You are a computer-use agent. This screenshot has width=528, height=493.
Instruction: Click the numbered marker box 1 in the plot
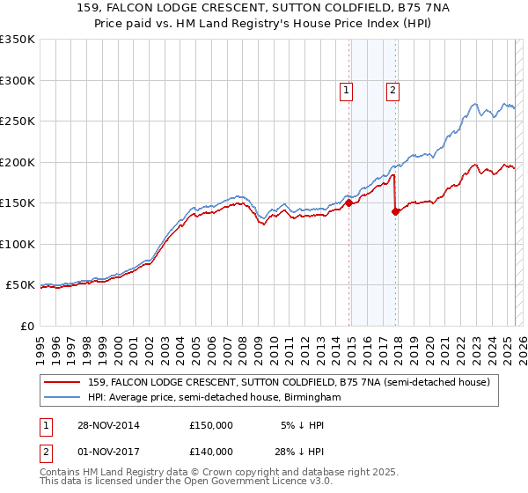346,89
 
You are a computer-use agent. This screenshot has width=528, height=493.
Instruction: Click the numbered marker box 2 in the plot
392,89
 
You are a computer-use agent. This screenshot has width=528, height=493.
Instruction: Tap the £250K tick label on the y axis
17,121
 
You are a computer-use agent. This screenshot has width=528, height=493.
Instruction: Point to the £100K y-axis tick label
17,244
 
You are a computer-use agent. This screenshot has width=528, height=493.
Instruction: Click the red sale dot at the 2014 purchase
349,202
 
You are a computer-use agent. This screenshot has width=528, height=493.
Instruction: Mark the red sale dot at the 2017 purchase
395,211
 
